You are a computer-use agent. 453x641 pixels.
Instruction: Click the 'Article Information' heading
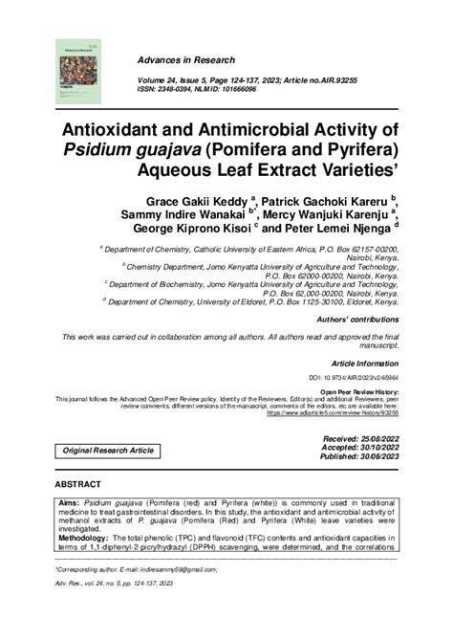tap(364, 365)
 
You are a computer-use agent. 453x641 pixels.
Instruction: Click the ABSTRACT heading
tap(79, 485)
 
